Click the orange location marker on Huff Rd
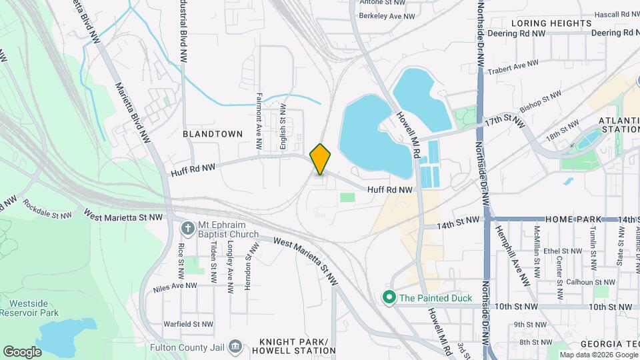click(x=321, y=159)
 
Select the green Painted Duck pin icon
click(x=388, y=298)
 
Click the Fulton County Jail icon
click(x=235, y=346)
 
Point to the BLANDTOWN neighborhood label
click(x=213, y=134)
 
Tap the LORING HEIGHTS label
click(x=551, y=23)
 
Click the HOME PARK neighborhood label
click(x=573, y=219)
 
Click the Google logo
click(x=22, y=351)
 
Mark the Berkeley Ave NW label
click(x=387, y=15)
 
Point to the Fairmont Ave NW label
click(x=259, y=121)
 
